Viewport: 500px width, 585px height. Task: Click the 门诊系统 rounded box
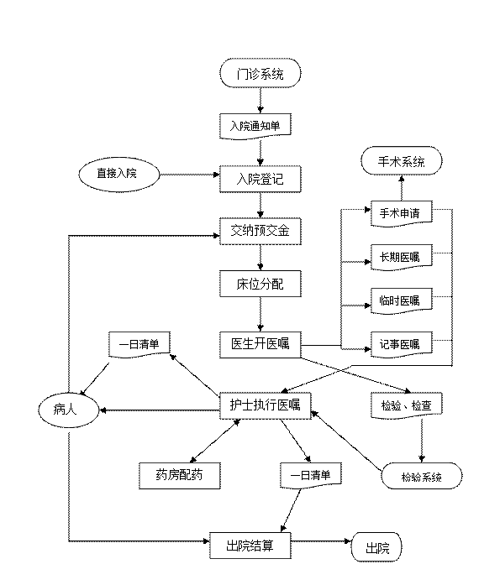click(x=261, y=73)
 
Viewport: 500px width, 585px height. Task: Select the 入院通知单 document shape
click(x=255, y=126)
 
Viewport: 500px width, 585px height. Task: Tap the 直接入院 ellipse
click(x=119, y=175)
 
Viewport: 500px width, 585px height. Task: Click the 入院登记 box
click(x=261, y=180)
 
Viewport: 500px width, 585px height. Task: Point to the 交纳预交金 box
click(x=261, y=232)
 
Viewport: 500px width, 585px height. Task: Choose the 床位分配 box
click(x=261, y=284)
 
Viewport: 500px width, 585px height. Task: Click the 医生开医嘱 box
click(x=261, y=345)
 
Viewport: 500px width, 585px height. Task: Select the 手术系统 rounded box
click(x=402, y=161)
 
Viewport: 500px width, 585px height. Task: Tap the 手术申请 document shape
click(x=402, y=213)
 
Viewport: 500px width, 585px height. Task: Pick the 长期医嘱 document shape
click(x=402, y=257)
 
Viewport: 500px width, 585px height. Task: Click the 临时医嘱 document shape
click(x=402, y=300)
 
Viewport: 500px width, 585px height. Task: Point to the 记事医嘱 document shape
click(x=402, y=344)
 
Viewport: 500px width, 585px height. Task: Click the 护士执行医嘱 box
click(x=265, y=405)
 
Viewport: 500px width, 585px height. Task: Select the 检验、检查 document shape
click(x=407, y=405)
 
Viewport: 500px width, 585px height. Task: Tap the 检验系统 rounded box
click(x=422, y=476)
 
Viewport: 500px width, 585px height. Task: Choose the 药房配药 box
click(x=180, y=476)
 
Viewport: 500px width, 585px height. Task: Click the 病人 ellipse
click(x=68, y=410)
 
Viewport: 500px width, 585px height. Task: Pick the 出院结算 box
click(x=250, y=546)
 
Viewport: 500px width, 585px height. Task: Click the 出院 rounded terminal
click(x=376, y=547)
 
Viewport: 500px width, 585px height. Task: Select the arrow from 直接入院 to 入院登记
click(x=189, y=175)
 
